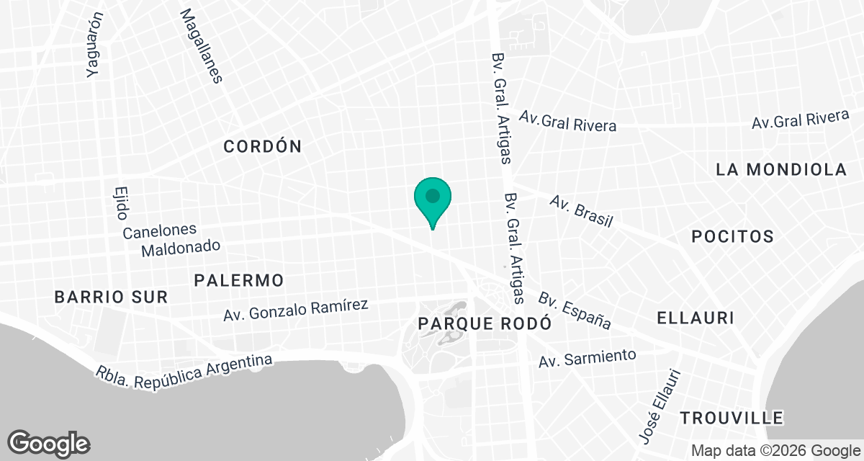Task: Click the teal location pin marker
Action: pyautogui.click(x=433, y=199)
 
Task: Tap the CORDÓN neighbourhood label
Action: pyautogui.click(x=262, y=147)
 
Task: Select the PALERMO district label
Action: pyautogui.click(x=239, y=280)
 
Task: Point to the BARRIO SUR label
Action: pyautogui.click(x=112, y=296)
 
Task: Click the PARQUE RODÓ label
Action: pyautogui.click(x=485, y=323)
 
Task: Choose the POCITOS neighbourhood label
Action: pyautogui.click(x=732, y=236)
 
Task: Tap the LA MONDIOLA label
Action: pyautogui.click(x=781, y=170)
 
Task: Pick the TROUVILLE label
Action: pyautogui.click(x=732, y=418)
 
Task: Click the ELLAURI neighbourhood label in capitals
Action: pyautogui.click(x=695, y=318)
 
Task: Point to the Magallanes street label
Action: pyautogui.click(x=201, y=46)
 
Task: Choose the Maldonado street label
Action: pyautogui.click(x=180, y=248)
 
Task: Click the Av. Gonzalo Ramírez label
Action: pyautogui.click(x=295, y=310)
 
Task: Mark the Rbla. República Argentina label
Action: pyautogui.click(x=185, y=366)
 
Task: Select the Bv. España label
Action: pyautogui.click(x=575, y=311)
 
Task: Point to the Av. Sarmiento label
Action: pyautogui.click(x=588, y=357)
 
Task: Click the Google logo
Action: pyautogui.click(x=49, y=442)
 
